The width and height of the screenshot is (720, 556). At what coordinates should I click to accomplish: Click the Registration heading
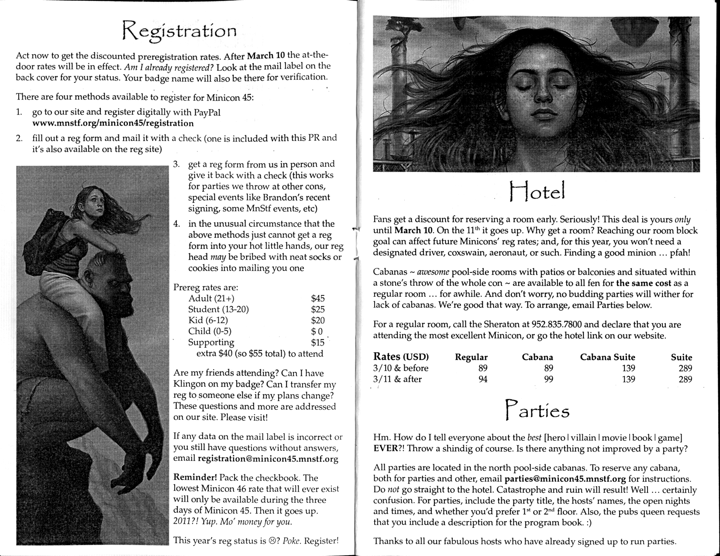[179, 31]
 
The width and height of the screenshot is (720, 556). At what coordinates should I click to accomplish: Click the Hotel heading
[537, 191]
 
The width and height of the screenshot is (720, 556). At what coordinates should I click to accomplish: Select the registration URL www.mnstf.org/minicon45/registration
[113, 123]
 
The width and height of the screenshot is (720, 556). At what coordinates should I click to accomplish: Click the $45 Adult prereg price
[317, 299]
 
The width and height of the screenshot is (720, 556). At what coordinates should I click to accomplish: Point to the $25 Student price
[317, 309]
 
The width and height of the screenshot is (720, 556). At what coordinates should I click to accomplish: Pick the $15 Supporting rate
[317, 343]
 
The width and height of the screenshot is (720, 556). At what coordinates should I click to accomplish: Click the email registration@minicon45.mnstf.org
[268, 459]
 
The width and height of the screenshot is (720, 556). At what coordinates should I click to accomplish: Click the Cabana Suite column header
[607, 357]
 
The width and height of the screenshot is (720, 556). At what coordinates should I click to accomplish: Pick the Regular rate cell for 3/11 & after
[482, 379]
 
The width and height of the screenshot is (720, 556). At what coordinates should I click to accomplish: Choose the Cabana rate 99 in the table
[548, 379]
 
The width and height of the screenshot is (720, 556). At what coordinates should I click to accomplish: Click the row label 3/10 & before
[400, 368]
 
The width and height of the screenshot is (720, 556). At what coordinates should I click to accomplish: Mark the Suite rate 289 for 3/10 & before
[685, 368]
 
